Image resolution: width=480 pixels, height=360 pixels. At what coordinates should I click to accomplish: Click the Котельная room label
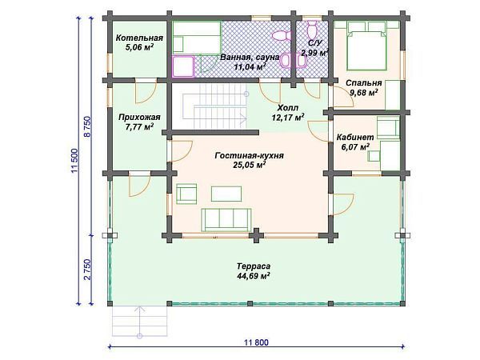point(139,38)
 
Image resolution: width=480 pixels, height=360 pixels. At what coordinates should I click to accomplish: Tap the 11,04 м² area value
point(250,66)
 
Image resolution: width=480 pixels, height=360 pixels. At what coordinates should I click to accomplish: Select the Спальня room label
point(364,83)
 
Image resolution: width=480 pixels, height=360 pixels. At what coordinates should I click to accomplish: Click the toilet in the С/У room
point(313,29)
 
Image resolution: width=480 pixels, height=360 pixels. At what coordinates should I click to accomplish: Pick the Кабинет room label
point(355,137)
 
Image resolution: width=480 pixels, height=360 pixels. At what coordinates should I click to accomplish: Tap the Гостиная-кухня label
point(249,155)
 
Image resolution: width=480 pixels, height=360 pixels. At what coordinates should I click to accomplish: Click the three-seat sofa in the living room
point(226,220)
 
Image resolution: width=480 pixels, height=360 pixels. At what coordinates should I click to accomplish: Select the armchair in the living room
point(186,194)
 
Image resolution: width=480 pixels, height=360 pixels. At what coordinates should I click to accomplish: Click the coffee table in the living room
point(226,194)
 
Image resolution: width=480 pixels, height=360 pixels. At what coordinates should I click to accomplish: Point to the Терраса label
point(254,266)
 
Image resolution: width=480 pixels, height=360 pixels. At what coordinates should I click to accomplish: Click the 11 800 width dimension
point(256,342)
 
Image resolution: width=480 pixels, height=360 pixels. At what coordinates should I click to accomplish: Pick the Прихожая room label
point(139,118)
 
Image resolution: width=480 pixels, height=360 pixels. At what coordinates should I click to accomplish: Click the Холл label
point(288,108)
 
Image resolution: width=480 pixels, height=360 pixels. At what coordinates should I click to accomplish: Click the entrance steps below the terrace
point(139,321)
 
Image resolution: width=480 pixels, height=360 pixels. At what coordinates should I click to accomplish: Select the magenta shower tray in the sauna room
point(183,66)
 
